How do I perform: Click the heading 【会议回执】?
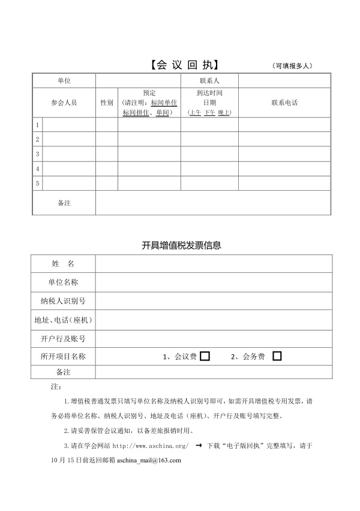click(x=184, y=65)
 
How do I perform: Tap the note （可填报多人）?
click(x=292, y=66)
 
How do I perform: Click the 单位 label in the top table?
click(x=64, y=80)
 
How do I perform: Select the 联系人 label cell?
click(x=209, y=80)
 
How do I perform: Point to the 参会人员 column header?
click(x=64, y=103)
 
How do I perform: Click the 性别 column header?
click(x=107, y=103)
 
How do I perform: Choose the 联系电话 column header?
click(x=284, y=103)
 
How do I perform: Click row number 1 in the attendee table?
click(x=38, y=125)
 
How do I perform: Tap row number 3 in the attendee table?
click(x=38, y=154)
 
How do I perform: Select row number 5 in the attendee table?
click(x=38, y=183)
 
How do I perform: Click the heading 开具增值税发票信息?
click(x=181, y=245)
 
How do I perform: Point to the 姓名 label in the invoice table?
click(x=63, y=264)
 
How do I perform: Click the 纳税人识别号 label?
click(x=63, y=300)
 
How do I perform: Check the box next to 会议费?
click(x=205, y=356)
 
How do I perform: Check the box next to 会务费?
click(x=277, y=356)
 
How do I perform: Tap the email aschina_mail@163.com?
click(x=149, y=460)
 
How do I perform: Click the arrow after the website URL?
click(x=199, y=446)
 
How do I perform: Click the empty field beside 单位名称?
click(x=213, y=282)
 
